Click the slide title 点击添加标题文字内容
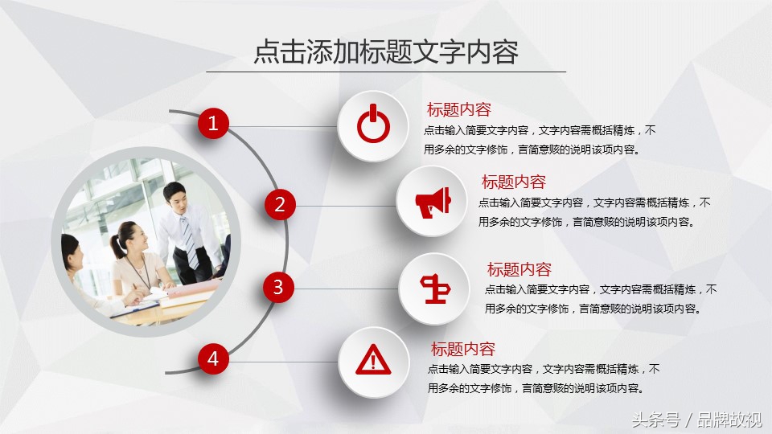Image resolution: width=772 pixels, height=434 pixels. coord(386,51)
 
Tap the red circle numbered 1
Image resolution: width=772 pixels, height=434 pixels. coord(213,123)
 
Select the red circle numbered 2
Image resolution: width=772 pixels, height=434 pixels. coord(280,205)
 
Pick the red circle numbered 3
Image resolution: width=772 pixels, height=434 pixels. coord(279,288)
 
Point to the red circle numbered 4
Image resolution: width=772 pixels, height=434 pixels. coord(213,358)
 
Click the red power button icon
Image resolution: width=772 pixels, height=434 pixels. coord(373,124)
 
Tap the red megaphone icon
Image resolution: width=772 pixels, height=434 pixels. coord(433,203)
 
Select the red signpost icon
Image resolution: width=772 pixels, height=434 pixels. coord(435,289)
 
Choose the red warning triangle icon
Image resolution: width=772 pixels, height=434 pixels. coord(373,359)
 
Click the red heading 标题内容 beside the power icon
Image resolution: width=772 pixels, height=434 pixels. coord(459,110)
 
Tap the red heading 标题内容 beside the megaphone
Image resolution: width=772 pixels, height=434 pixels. coord(514,182)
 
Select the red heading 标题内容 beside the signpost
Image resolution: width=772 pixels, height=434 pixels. coord(519,270)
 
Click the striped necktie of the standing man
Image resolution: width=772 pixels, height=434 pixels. coord(189,241)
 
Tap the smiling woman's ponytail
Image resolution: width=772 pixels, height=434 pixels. coord(117,246)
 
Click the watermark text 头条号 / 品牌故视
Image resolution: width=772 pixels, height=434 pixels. coord(697,420)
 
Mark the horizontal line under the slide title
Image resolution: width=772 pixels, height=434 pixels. coord(386,72)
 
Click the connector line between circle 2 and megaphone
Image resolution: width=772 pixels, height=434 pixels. coord(346,207)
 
